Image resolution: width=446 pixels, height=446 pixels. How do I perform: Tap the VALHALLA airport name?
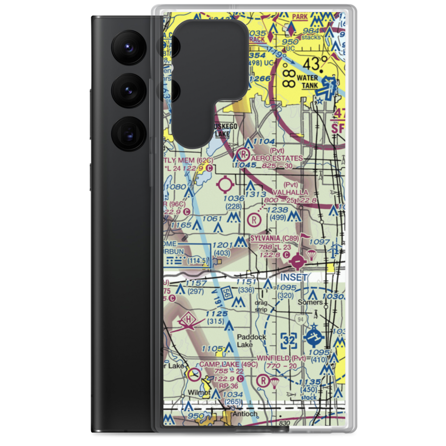pos(290,192)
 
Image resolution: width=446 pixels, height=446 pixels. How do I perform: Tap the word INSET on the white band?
pos(294,277)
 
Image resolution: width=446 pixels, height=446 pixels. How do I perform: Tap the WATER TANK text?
pos(307,81)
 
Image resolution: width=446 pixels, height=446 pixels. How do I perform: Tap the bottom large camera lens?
pos(130,134)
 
